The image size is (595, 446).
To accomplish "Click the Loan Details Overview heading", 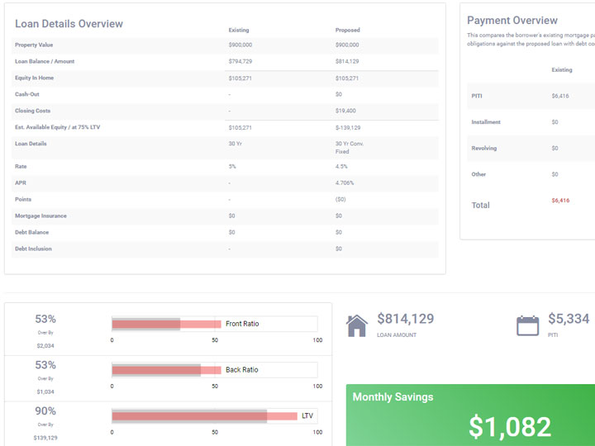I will (69, 24).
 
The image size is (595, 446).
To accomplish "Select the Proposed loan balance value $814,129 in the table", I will (347, 61).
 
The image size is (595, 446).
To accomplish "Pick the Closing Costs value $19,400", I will (345, 111).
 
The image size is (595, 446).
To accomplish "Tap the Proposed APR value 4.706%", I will (345, 183).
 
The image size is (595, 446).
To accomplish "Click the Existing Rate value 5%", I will (232, 166).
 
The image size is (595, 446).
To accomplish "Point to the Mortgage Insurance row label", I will (40, 216).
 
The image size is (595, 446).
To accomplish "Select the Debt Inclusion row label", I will (34, 249).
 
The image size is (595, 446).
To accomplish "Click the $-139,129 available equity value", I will (348, 127).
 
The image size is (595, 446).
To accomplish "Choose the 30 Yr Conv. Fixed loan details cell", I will (349, 147).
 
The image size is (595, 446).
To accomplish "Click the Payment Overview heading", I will (512, 21).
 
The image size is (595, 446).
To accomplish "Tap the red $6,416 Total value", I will (560, 201).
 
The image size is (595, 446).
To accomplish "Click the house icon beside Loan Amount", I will (356, 325).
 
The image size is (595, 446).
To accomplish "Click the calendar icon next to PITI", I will (527, 325).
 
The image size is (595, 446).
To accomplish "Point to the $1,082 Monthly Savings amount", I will (509, 426).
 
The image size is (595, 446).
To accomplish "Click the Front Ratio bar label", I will (242, 324).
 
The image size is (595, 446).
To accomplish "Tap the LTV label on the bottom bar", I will (307, 415).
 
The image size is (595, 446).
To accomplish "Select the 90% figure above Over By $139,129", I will (45, 411).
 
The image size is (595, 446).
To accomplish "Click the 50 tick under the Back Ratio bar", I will (215, 386).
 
